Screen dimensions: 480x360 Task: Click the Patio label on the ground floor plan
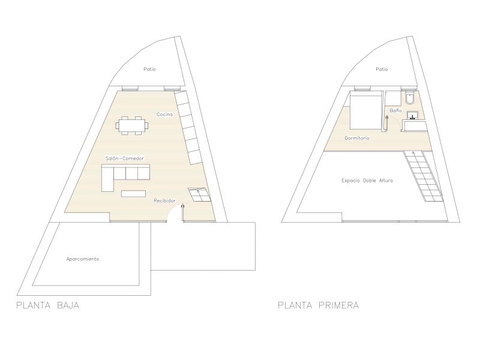click(x=149, y=69)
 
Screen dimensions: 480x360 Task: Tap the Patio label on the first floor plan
click(x=382, y=70)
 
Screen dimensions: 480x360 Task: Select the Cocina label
click(x=164, y=114)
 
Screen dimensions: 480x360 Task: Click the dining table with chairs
click(x=132, y=125)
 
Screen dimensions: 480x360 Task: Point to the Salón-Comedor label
click(x=125, y=158)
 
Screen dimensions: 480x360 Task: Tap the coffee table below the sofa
click(x=133, y=193)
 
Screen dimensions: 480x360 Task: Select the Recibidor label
click(x=164, y=200)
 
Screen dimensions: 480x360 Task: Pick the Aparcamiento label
click(x=83, y=259)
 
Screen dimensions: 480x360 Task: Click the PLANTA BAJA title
click(x=48, y=305)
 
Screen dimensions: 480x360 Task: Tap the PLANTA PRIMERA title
click(x=319, y=305)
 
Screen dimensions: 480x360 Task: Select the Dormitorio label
click(x=357, y=138)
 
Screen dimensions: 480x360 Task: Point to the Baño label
click(x=395, y=110)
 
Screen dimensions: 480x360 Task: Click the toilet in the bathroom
click(x=409, y=98)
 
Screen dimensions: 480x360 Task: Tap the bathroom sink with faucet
click(x=413, y=116)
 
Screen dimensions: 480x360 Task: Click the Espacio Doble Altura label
click(x=367, y=181)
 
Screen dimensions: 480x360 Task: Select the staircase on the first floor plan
click(x=423, y=176)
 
